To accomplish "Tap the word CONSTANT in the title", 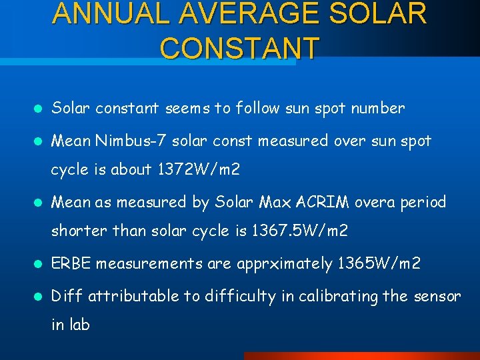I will click(240, 48).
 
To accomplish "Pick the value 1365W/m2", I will click(378, 263).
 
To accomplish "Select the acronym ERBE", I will click(71, 263).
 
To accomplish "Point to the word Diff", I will click(67, 295).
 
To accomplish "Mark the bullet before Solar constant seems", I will click(39, 109).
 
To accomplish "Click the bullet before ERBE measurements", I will click(39, 264).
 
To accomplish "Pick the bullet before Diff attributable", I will click(39, 296).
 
